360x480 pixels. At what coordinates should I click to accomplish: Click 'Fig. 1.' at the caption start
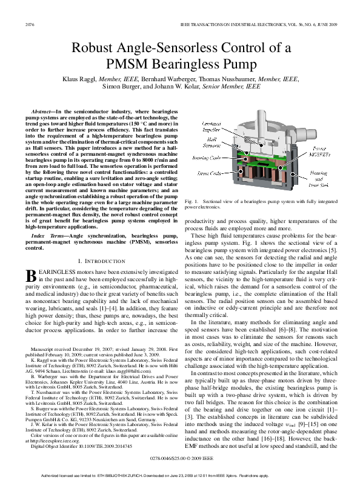(x=192, y=201)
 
